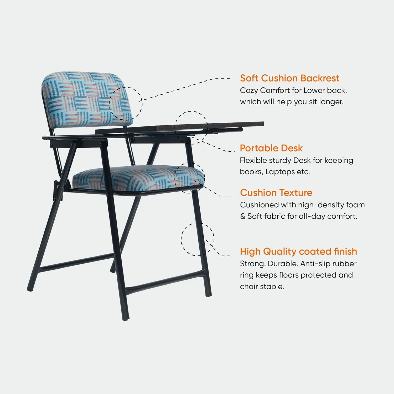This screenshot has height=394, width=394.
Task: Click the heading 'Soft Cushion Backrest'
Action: pos(289,78)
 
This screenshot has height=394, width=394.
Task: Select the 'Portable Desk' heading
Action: pos(271,148)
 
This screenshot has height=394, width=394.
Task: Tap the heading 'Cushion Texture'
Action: pos(276,193)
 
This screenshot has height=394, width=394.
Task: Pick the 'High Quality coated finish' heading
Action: pos(298,252)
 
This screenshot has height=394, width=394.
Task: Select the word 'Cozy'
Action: pos(249,90)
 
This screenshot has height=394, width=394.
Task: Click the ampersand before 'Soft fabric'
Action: pos(242,216)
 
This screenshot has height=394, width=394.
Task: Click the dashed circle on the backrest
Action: pos(126,104)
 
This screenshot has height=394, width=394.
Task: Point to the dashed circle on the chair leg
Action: pos(198,239)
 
